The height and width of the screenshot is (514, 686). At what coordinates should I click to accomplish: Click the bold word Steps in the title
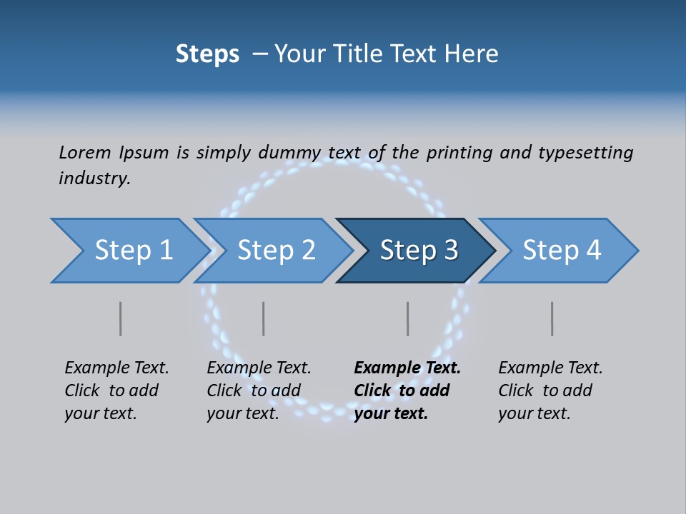tap(207, 54)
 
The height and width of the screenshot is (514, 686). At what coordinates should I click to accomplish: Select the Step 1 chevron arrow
tap(129, 251)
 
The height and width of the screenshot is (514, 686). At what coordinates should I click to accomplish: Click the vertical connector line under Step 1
tap(121, 318)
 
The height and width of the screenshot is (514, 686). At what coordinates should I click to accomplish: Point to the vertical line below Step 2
tap(264, 318)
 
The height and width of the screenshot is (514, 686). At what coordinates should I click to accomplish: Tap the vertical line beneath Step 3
tap(408, 318)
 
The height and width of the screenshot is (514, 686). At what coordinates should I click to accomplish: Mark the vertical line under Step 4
tap(552, 318)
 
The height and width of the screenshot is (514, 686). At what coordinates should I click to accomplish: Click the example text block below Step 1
tap(116, 390)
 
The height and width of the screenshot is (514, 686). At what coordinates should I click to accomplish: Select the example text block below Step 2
tap(259, 390)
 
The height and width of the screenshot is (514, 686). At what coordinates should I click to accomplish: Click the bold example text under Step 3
tap(407, 390)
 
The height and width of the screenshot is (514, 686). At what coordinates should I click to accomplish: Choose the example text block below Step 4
tap(550, 390)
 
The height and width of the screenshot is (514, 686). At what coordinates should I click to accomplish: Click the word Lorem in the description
tap(85, 152)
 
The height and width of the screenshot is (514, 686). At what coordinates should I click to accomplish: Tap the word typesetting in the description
tap(585, 152)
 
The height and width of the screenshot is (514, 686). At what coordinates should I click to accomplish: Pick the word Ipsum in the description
tap(144, 152)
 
